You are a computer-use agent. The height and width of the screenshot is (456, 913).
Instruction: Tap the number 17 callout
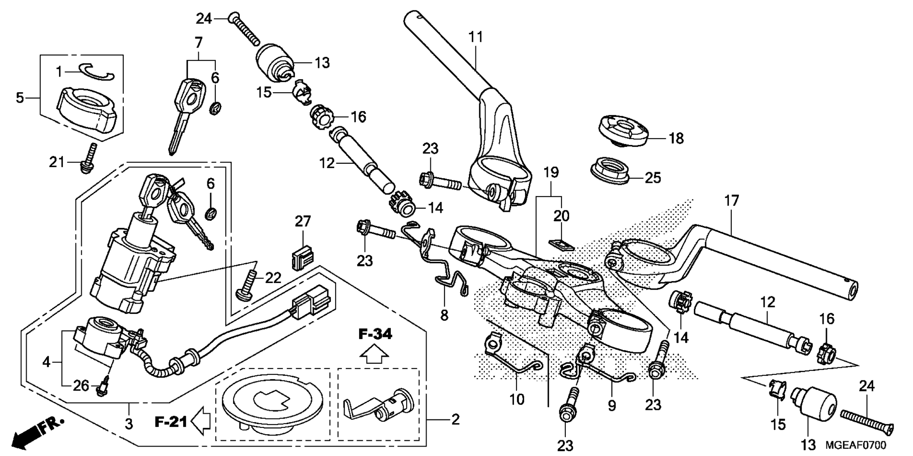click(x=732, y=201)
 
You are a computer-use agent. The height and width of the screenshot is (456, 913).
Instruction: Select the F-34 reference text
click(x=375, y=334)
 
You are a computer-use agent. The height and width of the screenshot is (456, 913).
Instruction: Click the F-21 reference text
click(x=171, y=421)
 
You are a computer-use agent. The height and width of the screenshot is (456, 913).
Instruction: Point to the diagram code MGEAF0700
click(x=856, y=445)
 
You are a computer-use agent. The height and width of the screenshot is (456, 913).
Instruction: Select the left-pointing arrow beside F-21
click(x=201, y=420)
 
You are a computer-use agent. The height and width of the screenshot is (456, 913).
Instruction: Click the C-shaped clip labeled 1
click(x=97, y=70)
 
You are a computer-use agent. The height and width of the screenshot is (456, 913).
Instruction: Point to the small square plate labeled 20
click(x=562, y=243)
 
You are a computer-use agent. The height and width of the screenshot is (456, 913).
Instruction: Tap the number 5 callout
click(x=19, y=98)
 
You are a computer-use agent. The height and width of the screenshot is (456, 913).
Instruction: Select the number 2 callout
click(x=455, y=420)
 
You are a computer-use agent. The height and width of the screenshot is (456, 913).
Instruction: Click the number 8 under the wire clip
click(x=444, y=315)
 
